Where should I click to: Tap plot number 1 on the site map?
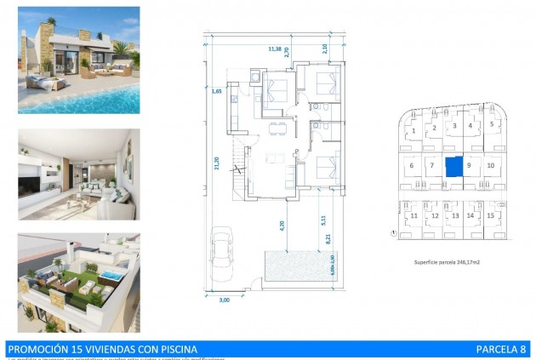413,131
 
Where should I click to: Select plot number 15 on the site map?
490,216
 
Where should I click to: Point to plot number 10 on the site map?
491,165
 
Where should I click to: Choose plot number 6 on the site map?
412,165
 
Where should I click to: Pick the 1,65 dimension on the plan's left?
217,89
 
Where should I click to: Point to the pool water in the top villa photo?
85,100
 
